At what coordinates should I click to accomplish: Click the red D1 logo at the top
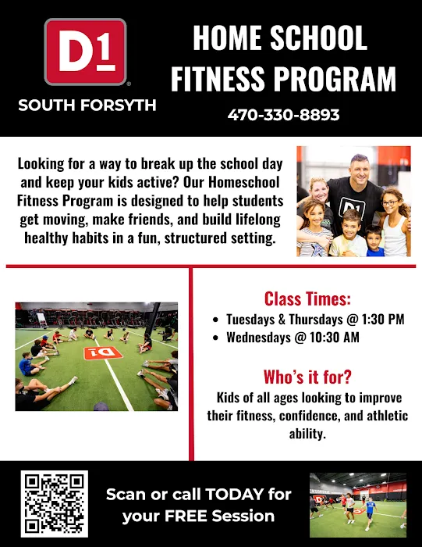pos(85,52)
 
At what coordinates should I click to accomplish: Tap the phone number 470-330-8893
pos(284,115)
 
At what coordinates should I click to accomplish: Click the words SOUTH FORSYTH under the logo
pos(86,105)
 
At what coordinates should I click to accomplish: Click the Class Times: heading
pos(307,299)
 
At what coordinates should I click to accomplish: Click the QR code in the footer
pos(55,504)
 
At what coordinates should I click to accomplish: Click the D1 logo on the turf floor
pos(98,354)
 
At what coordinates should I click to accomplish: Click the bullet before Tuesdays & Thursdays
pos(216,320)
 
